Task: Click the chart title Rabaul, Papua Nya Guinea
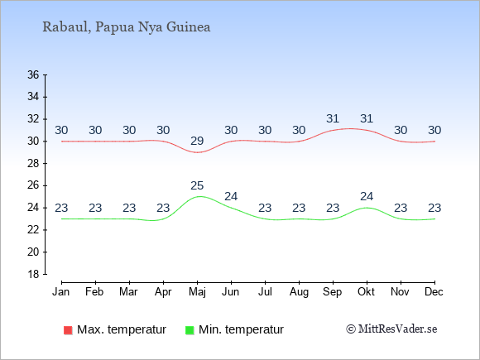(127, 27)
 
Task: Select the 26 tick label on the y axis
(33, 185)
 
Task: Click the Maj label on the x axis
(197, 292)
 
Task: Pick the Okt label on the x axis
(366, 291)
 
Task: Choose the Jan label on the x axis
(61, 291)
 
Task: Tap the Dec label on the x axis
(434, 291)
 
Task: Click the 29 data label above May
(197, 141)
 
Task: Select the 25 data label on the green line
(197, 185)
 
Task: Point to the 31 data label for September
(333, 118)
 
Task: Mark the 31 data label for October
(367, 118)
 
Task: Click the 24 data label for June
(231, 196)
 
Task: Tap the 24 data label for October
(367, 196)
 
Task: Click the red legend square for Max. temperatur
(68, 330)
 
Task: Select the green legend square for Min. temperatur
(190, 330)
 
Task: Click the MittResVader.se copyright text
(391, 329)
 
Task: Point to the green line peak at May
(199, 196)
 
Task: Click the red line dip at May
(198, 152)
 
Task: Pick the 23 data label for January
(61, 208)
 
